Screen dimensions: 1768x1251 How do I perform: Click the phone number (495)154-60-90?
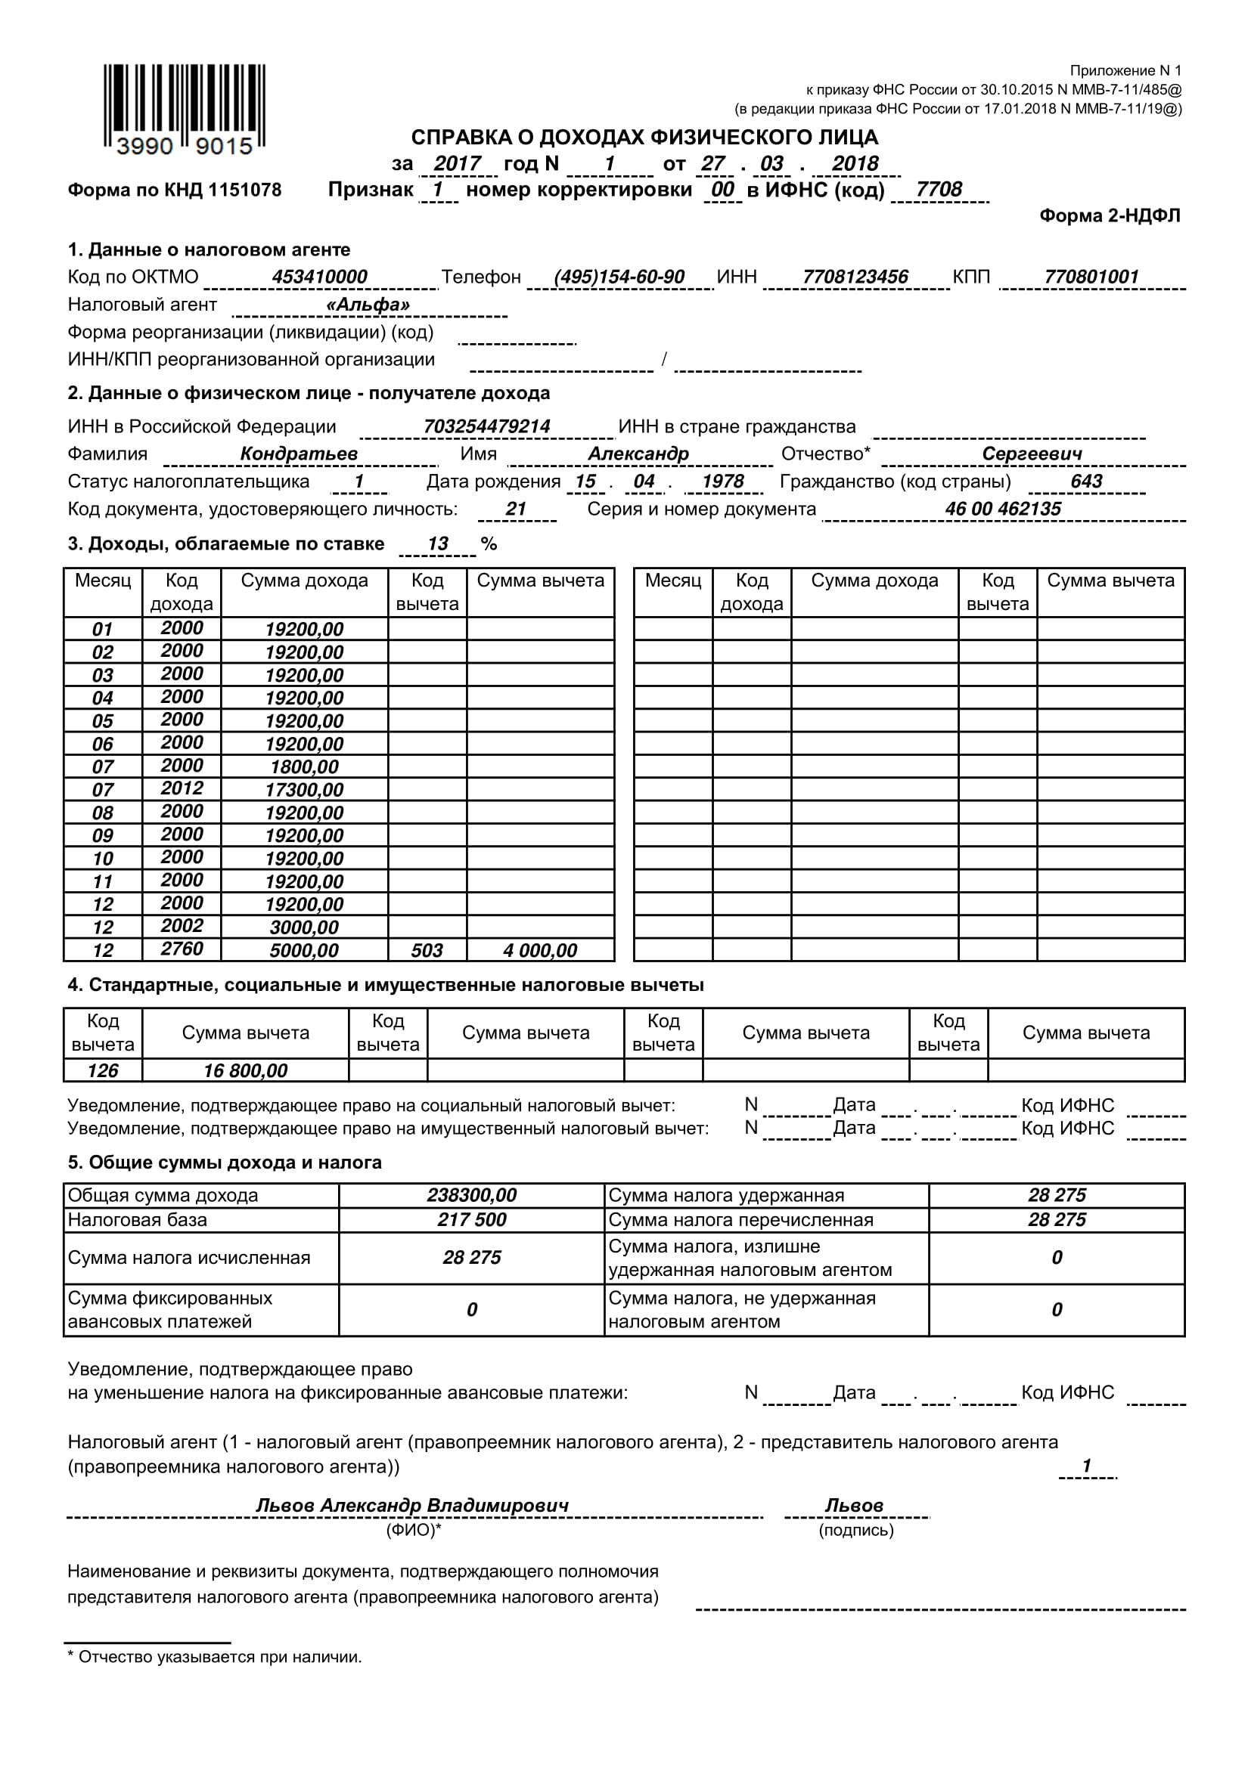pos(619,277)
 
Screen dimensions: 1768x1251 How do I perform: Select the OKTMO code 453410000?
pos(319,277)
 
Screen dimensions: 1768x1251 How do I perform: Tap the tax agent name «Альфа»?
pos(368,304)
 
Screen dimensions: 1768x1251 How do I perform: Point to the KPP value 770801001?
pos(1091,277)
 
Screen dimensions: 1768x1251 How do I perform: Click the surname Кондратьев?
pos(299,454)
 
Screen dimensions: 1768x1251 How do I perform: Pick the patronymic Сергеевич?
pos(1032,454)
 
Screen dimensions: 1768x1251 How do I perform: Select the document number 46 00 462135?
pos(1002,509)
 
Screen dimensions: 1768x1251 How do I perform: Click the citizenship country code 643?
pos(1085,481)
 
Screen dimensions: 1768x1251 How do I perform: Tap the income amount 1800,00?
pos(304,767)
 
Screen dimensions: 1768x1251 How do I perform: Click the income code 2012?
pos(182,788)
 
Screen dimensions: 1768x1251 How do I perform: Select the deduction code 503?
pos(427,950)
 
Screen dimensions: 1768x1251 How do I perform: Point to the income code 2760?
pos(182,949)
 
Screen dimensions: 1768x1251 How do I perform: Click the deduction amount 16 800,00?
pos(245,1070)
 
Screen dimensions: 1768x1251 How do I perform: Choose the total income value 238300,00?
pos(471,1195)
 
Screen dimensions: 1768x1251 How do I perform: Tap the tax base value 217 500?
pos(471,1220)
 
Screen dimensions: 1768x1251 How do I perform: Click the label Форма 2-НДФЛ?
pos(1110,215)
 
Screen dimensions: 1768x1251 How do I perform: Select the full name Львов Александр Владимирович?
pos(412,1506)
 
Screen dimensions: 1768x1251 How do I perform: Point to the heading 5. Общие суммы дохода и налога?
pos(224,1162)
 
